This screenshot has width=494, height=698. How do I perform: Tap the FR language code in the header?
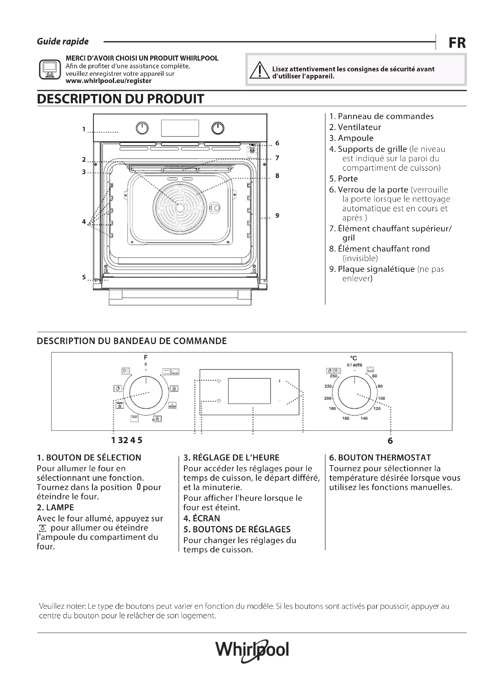point(457,43)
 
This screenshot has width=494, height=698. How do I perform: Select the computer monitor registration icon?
point(50,70)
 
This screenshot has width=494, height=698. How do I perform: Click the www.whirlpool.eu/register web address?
point(108,81)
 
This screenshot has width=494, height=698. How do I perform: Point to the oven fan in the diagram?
point(180,208)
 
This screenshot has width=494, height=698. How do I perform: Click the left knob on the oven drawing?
point(142,128)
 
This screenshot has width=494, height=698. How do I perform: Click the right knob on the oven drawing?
point(218,128)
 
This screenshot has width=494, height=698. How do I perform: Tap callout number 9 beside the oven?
point(277,215)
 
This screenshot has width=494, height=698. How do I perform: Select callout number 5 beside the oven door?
point(84,277)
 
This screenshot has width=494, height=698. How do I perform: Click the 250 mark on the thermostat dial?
point(333,376)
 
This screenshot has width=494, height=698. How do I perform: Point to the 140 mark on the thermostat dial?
point(364,418)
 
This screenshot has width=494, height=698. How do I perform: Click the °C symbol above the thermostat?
point(353,358)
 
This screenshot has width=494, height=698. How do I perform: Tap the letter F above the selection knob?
point(146,358)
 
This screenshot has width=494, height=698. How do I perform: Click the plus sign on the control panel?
point(280,381)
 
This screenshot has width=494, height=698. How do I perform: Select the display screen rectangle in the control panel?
point(249,391)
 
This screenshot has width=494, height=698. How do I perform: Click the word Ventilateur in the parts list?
point(359,127)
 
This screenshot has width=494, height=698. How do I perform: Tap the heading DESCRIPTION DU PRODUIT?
point(120,99)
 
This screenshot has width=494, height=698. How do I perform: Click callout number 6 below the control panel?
point(390,441)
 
